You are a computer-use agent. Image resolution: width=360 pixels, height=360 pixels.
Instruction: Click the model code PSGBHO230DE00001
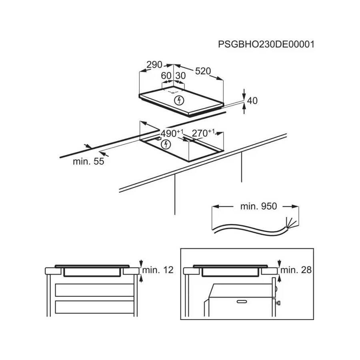tap(266, 44)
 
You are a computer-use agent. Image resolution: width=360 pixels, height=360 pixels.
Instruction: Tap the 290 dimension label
tap(154, 65)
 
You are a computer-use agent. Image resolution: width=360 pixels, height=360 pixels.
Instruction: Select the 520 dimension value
tap(203, 71)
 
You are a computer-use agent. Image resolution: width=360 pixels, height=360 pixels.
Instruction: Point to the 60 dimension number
tap(166, 76)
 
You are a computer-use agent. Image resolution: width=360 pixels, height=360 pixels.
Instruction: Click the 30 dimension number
tap(180, 76)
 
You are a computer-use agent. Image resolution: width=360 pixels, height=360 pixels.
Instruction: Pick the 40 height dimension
tap(252, 101)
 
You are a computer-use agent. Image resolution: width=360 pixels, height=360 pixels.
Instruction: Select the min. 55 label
tap(88, 162)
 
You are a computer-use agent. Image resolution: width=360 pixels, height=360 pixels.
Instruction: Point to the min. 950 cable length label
tap(258, 206)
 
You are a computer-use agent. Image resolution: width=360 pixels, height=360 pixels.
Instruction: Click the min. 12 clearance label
tap(158, 270)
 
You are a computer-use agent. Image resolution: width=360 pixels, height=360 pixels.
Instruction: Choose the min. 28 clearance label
tap(296, 270)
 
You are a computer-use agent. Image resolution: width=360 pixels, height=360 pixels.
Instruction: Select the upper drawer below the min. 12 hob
tap(94, 290)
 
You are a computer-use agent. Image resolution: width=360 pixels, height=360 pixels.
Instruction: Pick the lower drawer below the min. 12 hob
tap(94, 307)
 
